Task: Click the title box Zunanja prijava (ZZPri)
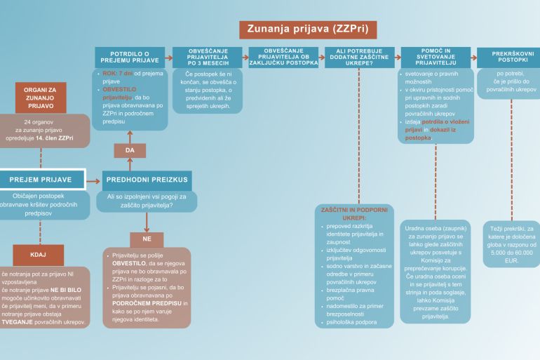tap(308, 29)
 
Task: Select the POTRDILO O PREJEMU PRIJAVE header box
tap(130, 58)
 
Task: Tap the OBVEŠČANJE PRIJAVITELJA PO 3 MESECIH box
tap(207, 58)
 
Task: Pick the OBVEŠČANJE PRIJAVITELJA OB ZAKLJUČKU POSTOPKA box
tap(283, 57)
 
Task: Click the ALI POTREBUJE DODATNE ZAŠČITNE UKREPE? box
tap(360, 58)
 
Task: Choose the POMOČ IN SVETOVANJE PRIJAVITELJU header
tap(436, 58)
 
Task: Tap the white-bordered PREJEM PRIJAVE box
tap(42, 180)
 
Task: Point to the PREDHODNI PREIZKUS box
tap(146, 180)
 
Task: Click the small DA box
tap(130, 150)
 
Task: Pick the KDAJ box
tap(38, 254)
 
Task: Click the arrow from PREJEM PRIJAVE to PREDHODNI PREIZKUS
tap(93, 180)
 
